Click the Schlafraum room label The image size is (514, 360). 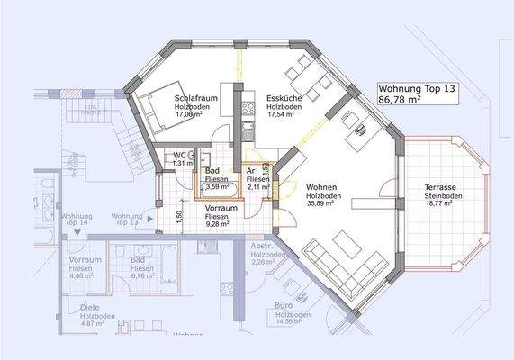(194, 97)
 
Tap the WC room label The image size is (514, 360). (181, 155)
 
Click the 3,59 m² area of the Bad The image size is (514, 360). (217, 188)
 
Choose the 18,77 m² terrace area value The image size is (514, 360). (444, 204)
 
